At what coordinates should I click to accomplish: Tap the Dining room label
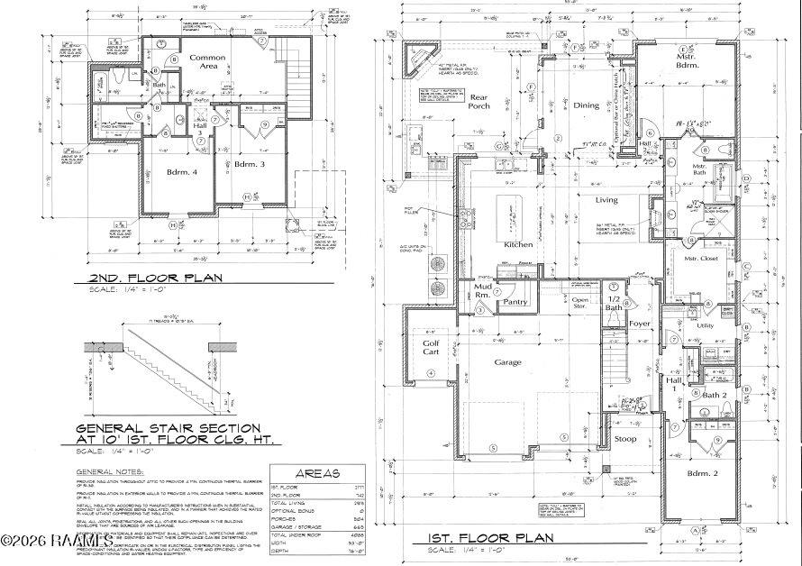pos(587,105)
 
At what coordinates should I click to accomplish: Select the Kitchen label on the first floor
pos(519,244)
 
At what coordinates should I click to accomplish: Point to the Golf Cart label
pos(431,348)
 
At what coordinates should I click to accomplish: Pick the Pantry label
pos(515,302)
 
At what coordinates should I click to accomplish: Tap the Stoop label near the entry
pos(625,439)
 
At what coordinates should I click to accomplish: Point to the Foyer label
pos(640,323)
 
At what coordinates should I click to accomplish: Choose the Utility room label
pos(705,325)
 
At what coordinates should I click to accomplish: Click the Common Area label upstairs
pos(206,62)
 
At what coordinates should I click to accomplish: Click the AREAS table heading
pos(316,472)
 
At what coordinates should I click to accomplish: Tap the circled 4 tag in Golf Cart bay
pos(431,373)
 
